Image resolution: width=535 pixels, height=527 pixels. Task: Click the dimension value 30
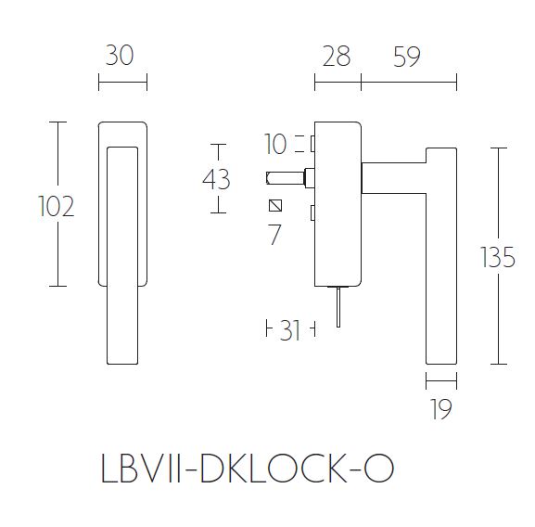click(x=121, y=56)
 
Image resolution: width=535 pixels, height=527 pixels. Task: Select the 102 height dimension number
click(x=56, y=206)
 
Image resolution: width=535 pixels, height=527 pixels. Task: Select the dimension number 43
click(x=215, y=178)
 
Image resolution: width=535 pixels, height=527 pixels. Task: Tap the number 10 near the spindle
click(x=275, y=144)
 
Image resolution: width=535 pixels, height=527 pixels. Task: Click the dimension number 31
click(x=290, y=329)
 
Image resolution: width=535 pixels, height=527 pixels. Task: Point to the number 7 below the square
click(x=274, y=235)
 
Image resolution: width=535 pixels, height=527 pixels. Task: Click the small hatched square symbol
click(x=274, y=205)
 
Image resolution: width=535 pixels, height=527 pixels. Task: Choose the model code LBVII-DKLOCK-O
click(x=246, y=468)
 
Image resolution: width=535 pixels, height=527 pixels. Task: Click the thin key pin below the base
click(x=341, y=306)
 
